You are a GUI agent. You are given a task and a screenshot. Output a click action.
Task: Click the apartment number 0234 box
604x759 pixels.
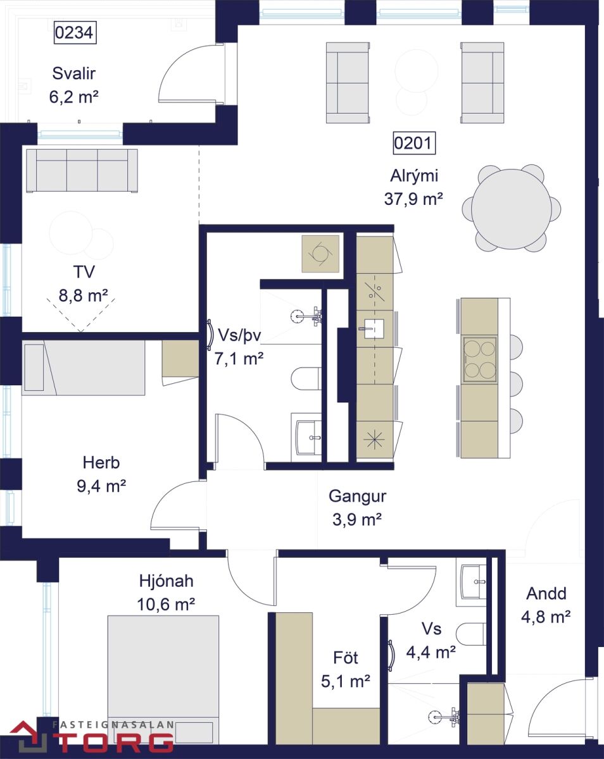click(x=75, y=32)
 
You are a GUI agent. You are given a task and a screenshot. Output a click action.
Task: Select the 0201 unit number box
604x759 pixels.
click(x=414, y=143)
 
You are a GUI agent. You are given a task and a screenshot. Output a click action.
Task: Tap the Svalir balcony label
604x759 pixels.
click(x=74, y=73)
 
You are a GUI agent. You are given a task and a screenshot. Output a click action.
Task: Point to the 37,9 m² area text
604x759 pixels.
click(x=413, y=199)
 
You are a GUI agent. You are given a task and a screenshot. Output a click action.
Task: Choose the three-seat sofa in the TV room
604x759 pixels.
click(x=82, y=170)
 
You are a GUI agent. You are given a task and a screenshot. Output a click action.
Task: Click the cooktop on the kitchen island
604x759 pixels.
click(x=480, y=359)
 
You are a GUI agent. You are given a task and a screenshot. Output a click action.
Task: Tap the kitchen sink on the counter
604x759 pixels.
click(x=374, y=328)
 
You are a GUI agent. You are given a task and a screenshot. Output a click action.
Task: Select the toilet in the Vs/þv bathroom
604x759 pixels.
click(x=306, y=379)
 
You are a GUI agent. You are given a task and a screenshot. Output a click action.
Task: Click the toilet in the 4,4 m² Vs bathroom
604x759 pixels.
click(x=471, y=632)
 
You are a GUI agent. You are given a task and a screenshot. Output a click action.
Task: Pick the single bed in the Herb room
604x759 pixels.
click(x=84, y=367)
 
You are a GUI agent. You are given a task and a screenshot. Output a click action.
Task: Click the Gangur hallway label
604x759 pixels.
click(x=357, y=497)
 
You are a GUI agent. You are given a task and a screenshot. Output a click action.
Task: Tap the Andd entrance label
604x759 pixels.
click(x=546, y=594)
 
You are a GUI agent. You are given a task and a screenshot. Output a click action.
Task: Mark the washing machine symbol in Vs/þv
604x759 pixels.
click(x=320, y=254)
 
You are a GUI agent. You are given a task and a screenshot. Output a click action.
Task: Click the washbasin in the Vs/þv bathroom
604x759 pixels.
click(x=308, y=437)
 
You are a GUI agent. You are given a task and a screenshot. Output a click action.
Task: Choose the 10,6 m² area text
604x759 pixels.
click(x=166, y=605)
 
